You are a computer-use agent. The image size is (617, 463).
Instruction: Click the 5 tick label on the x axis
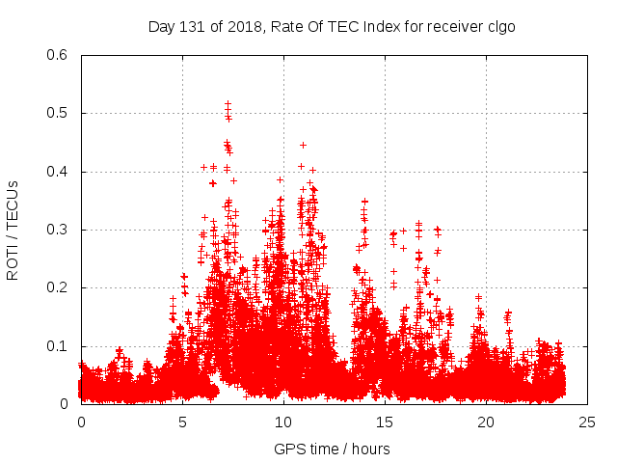(x=182, y=422)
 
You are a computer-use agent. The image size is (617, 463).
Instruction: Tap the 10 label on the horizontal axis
(x=283, y=422)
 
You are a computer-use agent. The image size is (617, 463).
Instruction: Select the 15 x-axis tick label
(x=385, y=422)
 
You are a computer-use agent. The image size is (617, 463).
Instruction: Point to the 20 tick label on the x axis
(x=486, y=422)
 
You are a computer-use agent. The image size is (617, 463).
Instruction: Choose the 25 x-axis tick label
(x=587, y=422)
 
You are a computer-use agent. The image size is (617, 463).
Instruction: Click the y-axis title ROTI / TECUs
(x=13, y=230)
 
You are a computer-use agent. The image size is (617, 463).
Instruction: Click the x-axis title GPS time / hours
(x=333, y=449)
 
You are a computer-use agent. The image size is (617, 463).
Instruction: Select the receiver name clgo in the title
(x=499, y=26)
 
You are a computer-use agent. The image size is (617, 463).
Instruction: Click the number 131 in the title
(x=192, y=26)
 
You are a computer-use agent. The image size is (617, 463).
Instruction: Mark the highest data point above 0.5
(x=228, y=103)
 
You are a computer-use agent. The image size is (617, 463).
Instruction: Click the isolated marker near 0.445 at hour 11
(x=303, y=145)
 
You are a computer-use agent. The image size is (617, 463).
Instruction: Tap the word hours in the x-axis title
(x=371, y=449)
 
